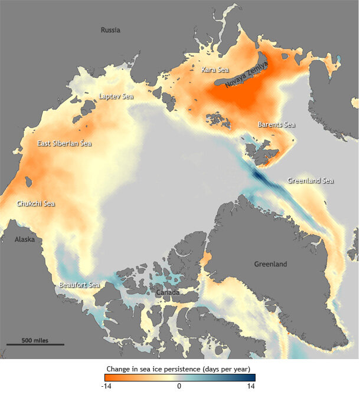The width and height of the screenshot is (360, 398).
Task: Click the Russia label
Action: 110,30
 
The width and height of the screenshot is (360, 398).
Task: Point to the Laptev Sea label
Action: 116,96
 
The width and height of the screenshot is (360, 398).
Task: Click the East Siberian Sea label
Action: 64,143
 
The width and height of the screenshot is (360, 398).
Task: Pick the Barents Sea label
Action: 276,124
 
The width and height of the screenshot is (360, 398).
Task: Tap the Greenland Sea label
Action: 310,180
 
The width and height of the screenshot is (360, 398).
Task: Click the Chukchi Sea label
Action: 35,204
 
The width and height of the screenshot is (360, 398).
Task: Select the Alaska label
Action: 25,239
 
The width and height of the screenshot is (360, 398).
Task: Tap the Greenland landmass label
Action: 270,264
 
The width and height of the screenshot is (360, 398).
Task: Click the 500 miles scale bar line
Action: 35,345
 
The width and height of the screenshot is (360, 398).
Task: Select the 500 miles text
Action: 35,340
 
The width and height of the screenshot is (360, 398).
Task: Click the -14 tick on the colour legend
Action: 107,387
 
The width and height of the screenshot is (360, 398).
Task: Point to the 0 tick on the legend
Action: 179,387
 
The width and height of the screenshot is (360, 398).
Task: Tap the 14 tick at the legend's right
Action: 251,387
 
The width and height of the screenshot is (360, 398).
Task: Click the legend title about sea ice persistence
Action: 179,369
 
